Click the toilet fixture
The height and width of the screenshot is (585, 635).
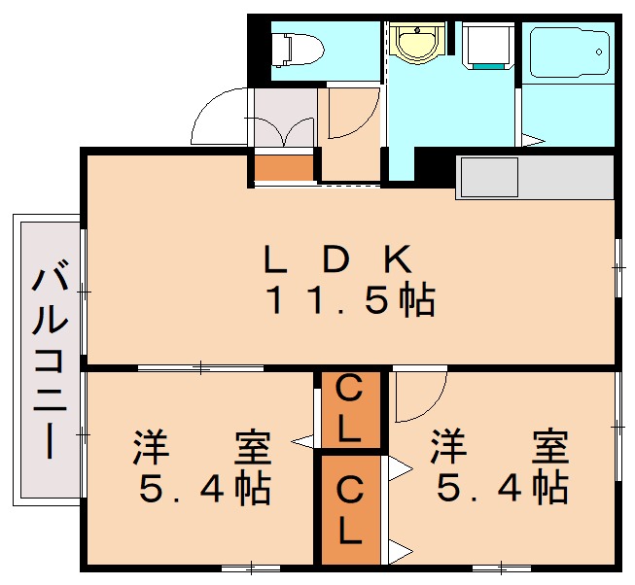[x=296, y=46]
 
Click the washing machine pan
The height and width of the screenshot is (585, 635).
[x=485, y=46]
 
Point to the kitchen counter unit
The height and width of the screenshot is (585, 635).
[x=534, y=177]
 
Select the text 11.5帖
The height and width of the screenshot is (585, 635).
[x=351, y=300]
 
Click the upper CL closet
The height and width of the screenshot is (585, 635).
[x=349, y=409]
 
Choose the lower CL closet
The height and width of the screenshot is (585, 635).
[x=349, y=510]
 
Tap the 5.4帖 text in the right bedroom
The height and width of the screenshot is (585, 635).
[x=500, y=489]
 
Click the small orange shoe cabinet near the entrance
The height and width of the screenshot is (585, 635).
[x=284, y=167]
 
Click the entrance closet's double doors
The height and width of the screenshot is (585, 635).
[x=283, y=132]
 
